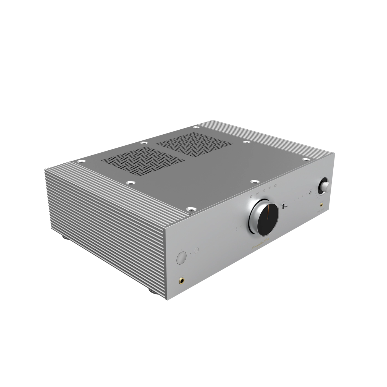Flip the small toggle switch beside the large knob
coord(285,206)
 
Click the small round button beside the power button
coord(196,250)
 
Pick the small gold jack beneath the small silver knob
coord(321,205)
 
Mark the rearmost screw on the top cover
coord(196,127)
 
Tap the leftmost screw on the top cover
coord(81,161)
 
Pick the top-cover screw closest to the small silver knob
coord(305,159)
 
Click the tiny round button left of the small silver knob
coord(311,192)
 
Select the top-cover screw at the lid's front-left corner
coord(190,209)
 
